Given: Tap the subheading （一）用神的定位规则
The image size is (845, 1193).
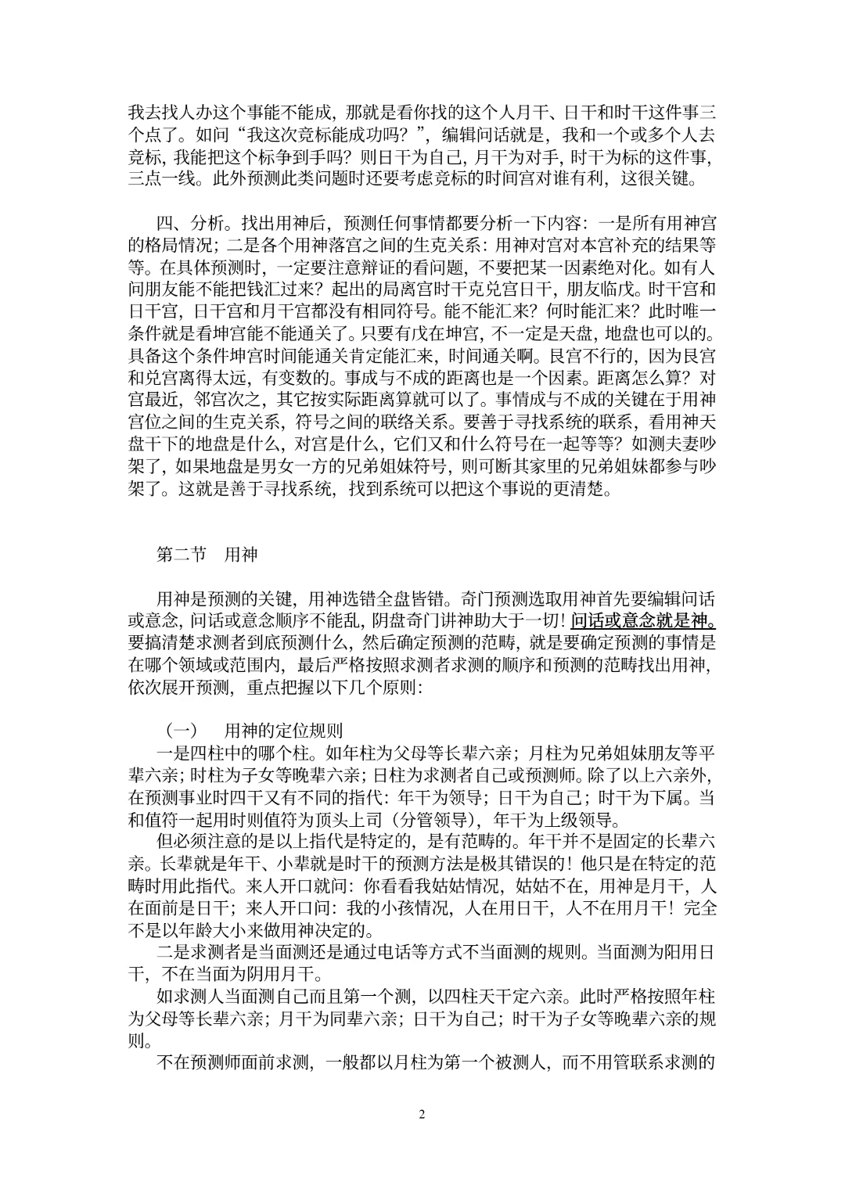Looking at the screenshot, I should pos(254,731).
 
